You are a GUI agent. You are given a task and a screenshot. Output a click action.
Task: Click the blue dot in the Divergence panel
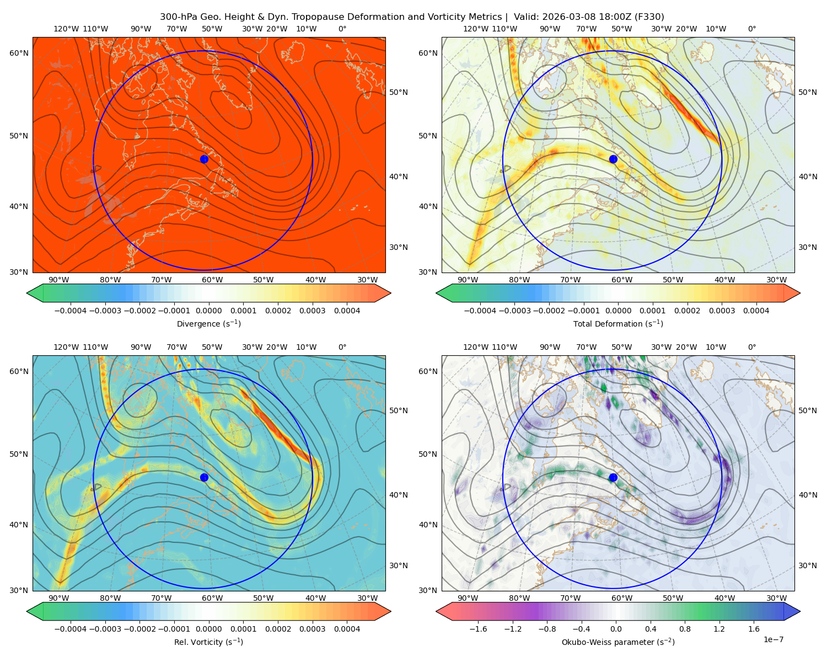pos(204,159)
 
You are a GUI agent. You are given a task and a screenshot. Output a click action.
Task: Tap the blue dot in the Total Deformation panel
pos(613,159)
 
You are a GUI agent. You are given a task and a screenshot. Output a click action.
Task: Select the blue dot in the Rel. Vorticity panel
pos(204,477)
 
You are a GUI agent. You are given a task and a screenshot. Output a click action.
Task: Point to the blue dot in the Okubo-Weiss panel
pos(613,477)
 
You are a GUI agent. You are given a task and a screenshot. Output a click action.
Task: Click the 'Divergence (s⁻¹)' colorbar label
pos(208,323)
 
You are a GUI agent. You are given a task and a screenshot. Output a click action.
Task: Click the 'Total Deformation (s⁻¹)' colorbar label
pos(618,323)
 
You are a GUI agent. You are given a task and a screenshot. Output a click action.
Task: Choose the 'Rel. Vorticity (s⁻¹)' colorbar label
pos(208,642)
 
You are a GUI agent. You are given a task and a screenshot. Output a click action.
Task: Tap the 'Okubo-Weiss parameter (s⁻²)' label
pos(618,642)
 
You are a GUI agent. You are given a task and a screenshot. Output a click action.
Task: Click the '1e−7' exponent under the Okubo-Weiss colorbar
pos(773,639)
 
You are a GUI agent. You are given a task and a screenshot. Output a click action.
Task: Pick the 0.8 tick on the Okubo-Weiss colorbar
pos(685,628)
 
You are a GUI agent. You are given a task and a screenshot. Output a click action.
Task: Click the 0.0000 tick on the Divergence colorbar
pos(208,311)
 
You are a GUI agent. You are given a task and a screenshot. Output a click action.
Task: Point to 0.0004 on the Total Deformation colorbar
pos(756,311)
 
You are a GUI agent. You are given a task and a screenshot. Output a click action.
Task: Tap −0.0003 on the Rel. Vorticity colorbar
pos(105,628)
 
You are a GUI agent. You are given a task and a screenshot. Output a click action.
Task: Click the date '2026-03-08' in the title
pos(565,17)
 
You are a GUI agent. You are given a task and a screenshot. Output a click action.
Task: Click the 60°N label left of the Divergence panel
pos(19,53)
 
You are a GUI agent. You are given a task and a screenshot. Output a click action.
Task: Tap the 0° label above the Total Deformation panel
pos(751,29)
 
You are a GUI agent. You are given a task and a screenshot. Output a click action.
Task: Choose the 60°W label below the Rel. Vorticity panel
pos(212,598)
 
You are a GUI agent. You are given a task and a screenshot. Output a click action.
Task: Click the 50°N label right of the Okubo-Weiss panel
pos(807,410)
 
